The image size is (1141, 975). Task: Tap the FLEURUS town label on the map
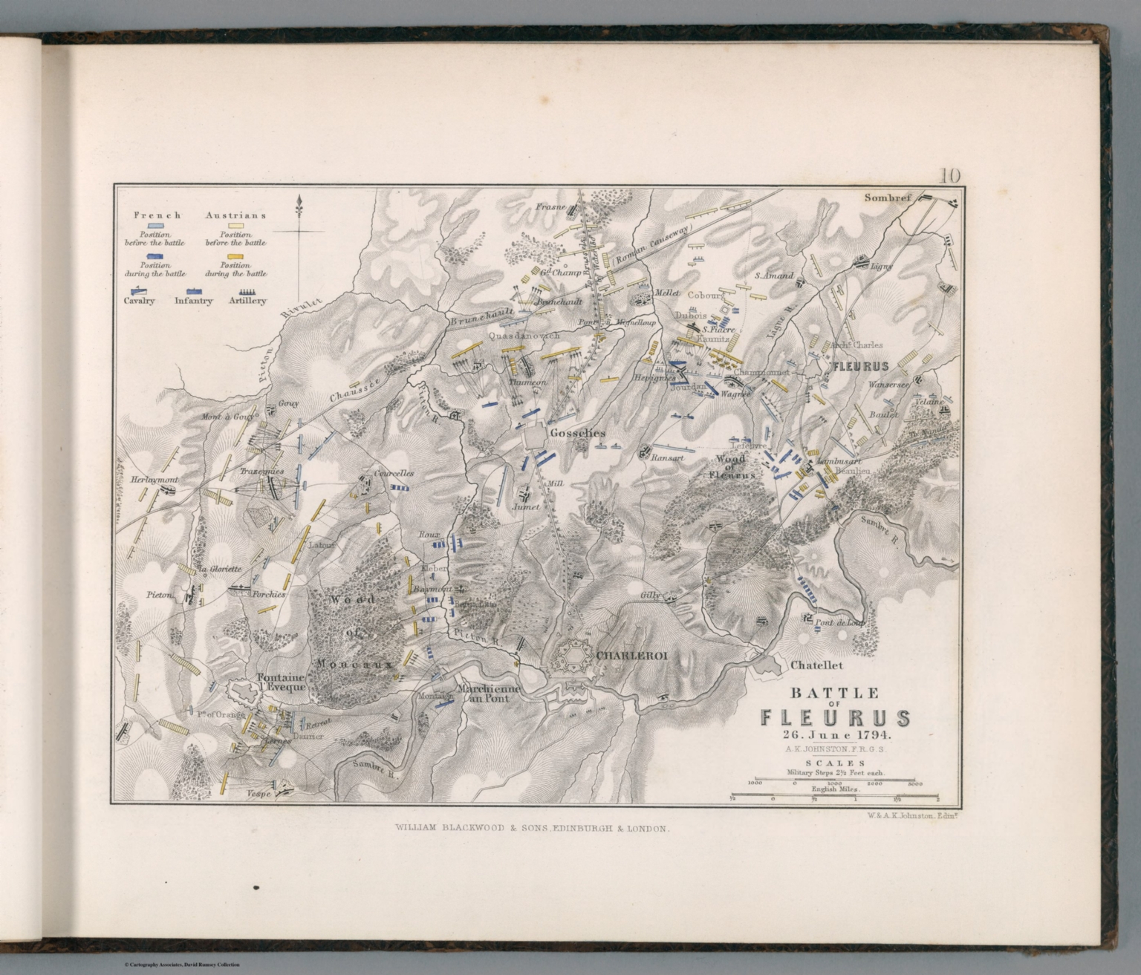pos(860,367)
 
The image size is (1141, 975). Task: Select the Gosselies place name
pos(577,433)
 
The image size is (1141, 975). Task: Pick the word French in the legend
pos(157,215)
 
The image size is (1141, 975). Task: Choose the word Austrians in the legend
pos(235,215)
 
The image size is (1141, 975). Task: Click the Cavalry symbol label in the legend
pos(139,301)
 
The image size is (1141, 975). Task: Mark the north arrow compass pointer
pos(299,204)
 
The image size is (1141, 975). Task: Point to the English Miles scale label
pos(835,789)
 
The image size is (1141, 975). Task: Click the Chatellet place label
pos(816,665)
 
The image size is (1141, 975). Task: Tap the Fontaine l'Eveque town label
pos(282,682)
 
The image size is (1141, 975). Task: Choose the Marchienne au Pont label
pos(488,694)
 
